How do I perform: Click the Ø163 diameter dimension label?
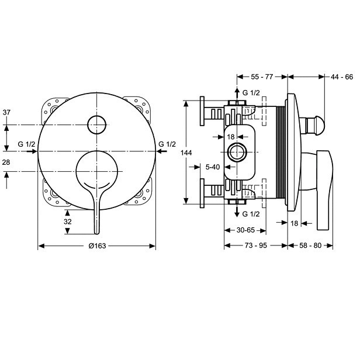point(96,245)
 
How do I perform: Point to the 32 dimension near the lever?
point(68,221)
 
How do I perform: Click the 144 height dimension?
point(186,153)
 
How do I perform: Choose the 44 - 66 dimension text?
point(341,77)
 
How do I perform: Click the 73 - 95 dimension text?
point(255,245)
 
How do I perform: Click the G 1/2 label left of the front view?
point(27,144)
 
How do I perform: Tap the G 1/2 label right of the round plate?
point(168,144)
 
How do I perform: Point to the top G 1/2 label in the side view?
point(251,93)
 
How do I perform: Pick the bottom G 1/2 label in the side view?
point(251,214)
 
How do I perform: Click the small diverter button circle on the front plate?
point(96,124)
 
